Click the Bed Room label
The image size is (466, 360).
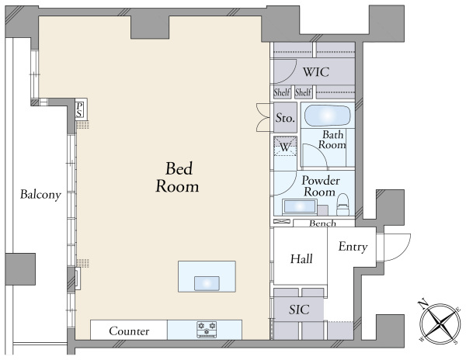(x=177, y=177)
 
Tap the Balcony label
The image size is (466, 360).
(x=40, y=195)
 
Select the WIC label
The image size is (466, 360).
(x=316, y=72)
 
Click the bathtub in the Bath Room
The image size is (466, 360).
(x=328, y=116)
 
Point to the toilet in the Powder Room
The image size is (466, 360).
(x=343, y=204)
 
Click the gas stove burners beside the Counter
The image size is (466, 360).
(x=207, y=330)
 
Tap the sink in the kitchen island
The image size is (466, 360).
(x=207, y=283)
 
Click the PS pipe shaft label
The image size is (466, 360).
(x=79, y=109)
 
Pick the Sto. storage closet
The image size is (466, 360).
(x=285, y=117)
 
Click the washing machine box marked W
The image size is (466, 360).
(x=285, y=146)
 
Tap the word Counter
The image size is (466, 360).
(x=129, y=331)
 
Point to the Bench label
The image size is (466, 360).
(x=322, y=223)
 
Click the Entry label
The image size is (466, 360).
(x=353, y=247)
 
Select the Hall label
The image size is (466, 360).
(x=301, y=259)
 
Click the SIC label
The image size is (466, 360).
(x=299, y=310)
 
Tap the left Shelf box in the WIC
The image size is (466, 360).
(x=282, y=92)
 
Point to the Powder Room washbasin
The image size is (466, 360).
(x=300, y=206)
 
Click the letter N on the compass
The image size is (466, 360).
(x=423, y=304)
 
